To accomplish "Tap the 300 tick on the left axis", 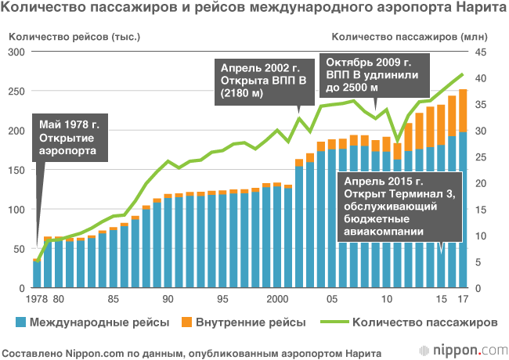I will (16, 52).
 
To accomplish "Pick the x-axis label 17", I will (463, 299).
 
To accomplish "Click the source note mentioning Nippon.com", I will (192, 350).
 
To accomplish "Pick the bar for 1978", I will (37, 274).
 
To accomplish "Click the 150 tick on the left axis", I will (16, 170).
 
